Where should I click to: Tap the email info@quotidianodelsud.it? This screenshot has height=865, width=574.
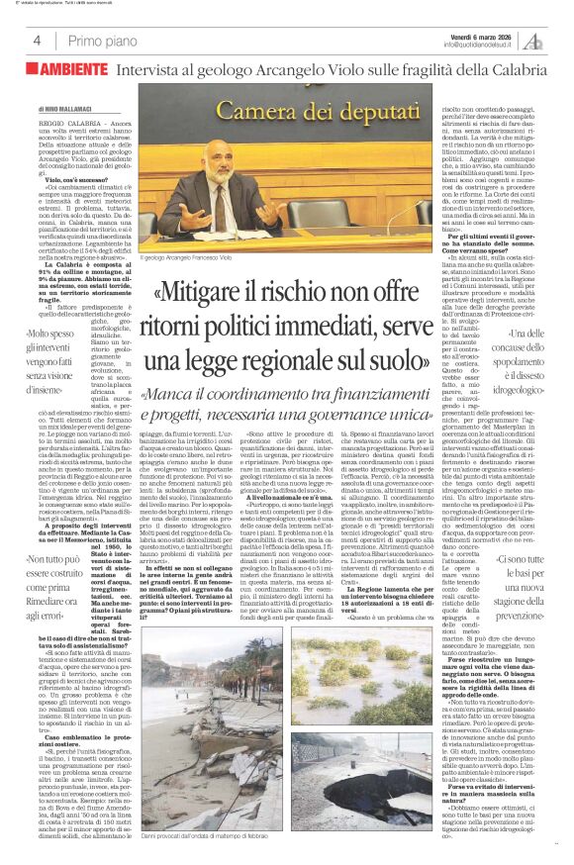point(480,45)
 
